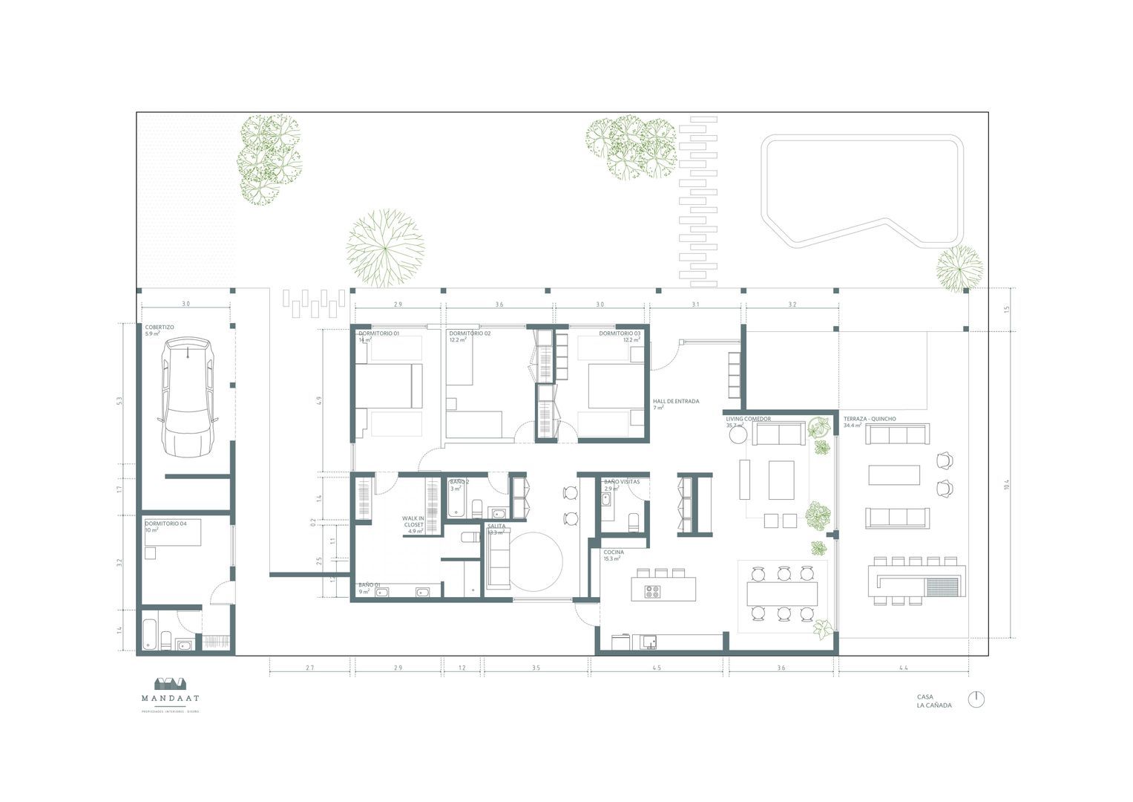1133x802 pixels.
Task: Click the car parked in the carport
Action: pyautogui.click(x=188, y=397)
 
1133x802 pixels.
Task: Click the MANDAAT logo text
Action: pyautogui.click(x=171, y=698)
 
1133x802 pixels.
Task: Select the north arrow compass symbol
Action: pyautogui.click(x=976, y=700)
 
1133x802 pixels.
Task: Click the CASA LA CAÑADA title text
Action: pyautogui.click(x=933, y=701)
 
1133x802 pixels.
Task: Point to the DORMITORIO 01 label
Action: pyautogui.click(x=378, y=334)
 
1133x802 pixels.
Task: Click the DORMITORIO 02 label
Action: pyautogui.click(x=470, y=334)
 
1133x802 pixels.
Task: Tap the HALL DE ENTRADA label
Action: pyautogui.click(x=675, y=402)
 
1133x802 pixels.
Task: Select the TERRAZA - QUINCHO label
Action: pyautogui.click(x=869, y=419)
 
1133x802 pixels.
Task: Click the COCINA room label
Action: pyautogui.click(x=613, y=552)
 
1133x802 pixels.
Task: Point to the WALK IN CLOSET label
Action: pyautogui.click(x=413, y=522)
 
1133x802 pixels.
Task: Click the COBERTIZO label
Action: pyautogui.click(x=160, y=327)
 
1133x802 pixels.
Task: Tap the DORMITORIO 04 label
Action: pyautogui.click(x=165, y=524)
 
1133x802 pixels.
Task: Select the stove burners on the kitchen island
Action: pyautogui.click(x=652, y=591)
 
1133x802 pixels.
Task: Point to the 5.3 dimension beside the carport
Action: pyautogui.click(x=119, y=401)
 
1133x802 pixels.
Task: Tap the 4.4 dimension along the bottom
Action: pyautogui.click(x=903, y=668)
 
